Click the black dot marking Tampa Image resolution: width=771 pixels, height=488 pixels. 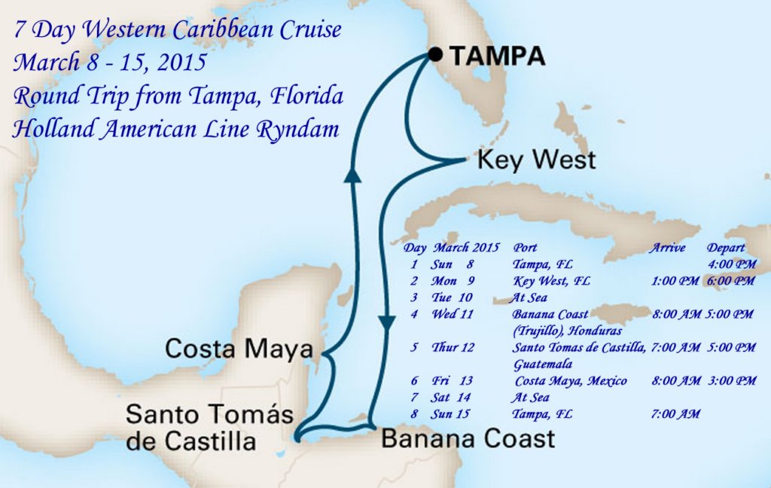[x=434, y=54]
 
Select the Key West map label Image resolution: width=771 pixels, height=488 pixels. [x=537, y=160]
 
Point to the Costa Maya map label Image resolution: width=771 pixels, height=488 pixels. [x=239, y=349]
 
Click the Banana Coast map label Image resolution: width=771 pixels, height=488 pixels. [x=468, y=438]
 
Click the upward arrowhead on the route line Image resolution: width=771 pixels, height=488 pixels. [x=350, y=175]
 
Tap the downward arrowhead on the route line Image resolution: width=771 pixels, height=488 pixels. [x=387, y=323]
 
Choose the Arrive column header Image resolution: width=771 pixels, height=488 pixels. [x=667, y=248]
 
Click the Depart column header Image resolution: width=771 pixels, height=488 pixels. [x=726, y=248]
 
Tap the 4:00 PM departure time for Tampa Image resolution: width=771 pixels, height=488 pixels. [x=731, y=264]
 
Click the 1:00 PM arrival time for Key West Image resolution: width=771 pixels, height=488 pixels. [x=675, y=281]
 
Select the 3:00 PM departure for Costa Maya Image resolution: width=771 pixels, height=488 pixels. [x=732, y=381]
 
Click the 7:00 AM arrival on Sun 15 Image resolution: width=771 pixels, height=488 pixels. [x=675, y=414]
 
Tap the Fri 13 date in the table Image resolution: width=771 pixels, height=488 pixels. [x=452, y=381]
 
